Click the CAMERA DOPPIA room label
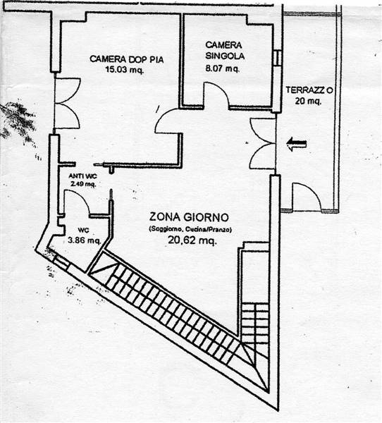pyautogui.click(x=127, y=59)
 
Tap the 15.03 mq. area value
pyautogui.click(x=124, y=70)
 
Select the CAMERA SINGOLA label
pyautogui.click(x=225, y=50)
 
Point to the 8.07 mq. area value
pyautogui.click(x=222, y=68)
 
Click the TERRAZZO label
pyautogui.click(x=309, y=90)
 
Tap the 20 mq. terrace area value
pyautogui.click(x=308, y=101)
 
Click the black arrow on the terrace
pyautogui.click(x=297, y=144)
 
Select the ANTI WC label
pyautogui.click(x=83, y=176)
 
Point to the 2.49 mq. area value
pyautogui.click(x=83, y=184)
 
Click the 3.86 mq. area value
pyautogui.click(x=84, y=240)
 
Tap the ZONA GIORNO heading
pyautogui.click(x=189, y=217)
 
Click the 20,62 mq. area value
pyautogui.click(x=192, y=240)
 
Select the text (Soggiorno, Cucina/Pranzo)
pyautogui.click(x=190, y=229)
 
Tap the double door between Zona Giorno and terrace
pyautogui.click(x=261, y=144)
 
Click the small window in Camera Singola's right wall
pyautogui.click(x=277, y=58)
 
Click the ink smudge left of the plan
pyautogui.click(x=18, y=121)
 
